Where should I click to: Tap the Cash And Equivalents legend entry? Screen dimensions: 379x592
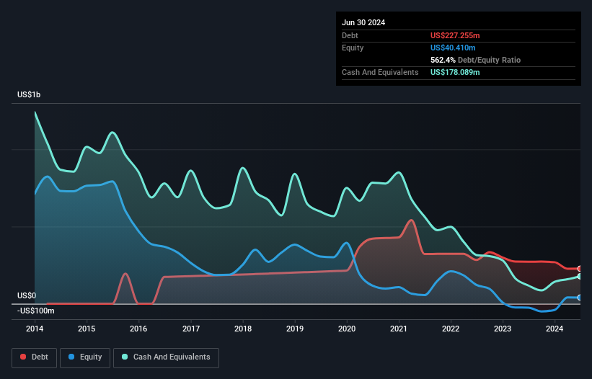(166, 357)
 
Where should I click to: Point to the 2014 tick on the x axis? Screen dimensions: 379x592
(35, 329)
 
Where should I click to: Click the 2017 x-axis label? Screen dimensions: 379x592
(191, 329)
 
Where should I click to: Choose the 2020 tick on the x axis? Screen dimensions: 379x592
(347, 329)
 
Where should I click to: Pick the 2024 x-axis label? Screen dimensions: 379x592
(555, 329)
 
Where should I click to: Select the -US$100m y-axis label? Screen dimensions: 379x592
(36, 311)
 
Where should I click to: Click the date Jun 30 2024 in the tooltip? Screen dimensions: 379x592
(363, 22)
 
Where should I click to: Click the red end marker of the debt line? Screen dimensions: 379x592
(580, 269)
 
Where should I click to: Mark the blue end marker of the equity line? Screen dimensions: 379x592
(580, 298)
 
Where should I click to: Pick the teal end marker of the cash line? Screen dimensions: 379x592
(580, 277)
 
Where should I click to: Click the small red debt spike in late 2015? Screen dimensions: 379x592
(126, 274)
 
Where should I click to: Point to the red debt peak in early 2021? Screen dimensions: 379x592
(411, 220)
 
